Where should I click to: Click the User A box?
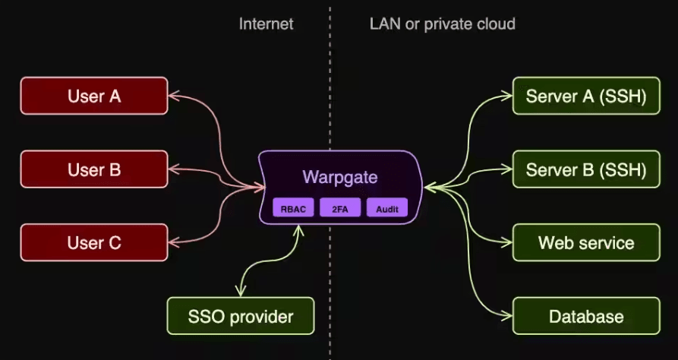[x=94, y=96]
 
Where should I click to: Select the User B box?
[x=94, y=170]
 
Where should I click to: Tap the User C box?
[x=94, y=243]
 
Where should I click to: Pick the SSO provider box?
[x=241, y=316]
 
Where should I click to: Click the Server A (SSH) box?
[x=585, y=96]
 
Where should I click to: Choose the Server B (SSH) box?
[x=585, y=170]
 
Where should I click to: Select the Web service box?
[x=585, y=243]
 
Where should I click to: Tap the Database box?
[x=585, y=316]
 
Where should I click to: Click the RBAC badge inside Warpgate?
[x=293, y=208]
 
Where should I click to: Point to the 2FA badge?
[x=339, y=208]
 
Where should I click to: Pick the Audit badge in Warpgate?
[x=386, y=208]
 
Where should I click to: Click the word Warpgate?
[x=339, y=178]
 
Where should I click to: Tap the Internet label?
[x=266, y=24]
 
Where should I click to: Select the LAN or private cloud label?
[x=442, y=24]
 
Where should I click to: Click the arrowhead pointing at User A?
[x=173, y=96]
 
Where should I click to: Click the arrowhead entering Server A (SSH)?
[x=508, y=96]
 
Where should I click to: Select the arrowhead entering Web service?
[x=508, y=243]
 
